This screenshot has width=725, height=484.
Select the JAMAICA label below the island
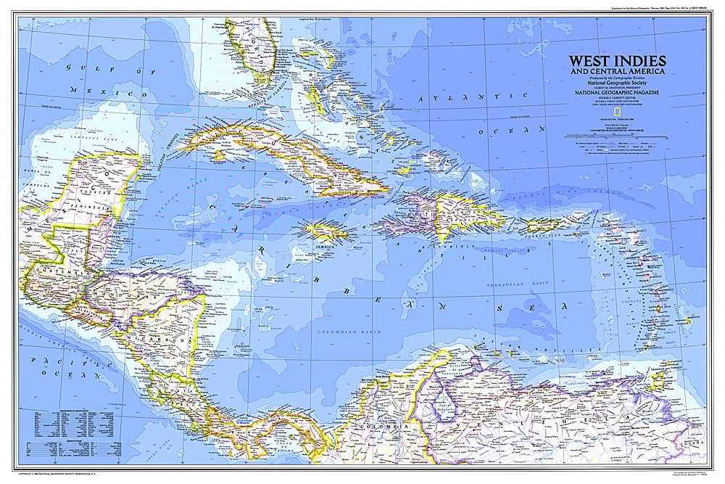pos(324,247)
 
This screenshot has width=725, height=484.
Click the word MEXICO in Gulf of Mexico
pos(102,94)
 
